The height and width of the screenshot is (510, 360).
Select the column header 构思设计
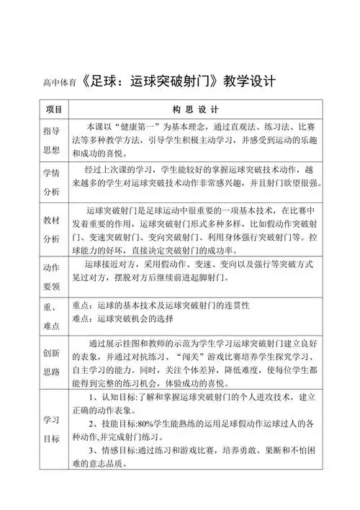click(194, 109)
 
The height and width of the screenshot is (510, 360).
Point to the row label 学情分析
click(51, 184)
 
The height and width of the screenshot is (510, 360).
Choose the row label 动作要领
click(51, 277)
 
